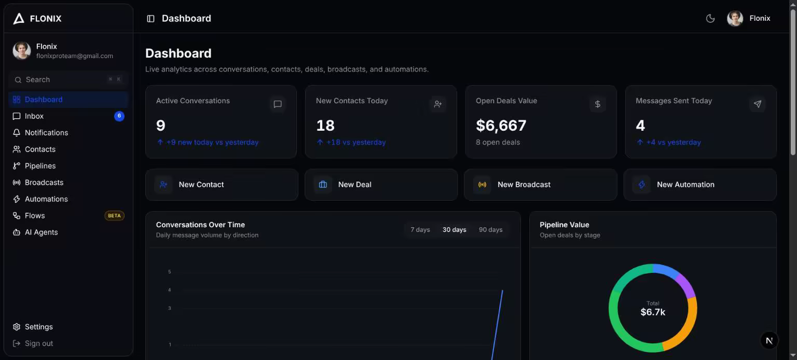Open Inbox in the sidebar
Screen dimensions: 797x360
click(34, 116)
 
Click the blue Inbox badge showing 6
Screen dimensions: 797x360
click(119, 116)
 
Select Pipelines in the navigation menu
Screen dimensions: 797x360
click(40, 166)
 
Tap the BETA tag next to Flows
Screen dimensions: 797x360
click(114, 216)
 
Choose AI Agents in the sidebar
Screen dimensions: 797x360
click(41, 232)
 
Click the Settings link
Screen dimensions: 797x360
click(38, 327)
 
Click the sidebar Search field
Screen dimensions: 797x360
click(68, 79)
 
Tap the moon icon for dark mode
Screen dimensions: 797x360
click(710, 18)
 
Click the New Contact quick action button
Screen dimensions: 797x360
click(222, 185)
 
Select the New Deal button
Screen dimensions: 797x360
click(381, 185)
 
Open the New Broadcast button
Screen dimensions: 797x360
click(541, 185)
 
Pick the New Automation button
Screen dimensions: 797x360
click(700, 185)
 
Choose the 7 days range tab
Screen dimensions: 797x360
click(420, 230)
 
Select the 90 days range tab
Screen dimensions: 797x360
click(491, 230)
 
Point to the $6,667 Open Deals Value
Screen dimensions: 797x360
click(501, 126)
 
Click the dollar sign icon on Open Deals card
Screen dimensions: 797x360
click(597, 104)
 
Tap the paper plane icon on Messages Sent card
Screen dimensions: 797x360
click(757, 104)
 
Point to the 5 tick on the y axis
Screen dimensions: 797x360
click(169, 272)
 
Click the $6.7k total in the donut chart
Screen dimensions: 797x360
click(653, 312)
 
